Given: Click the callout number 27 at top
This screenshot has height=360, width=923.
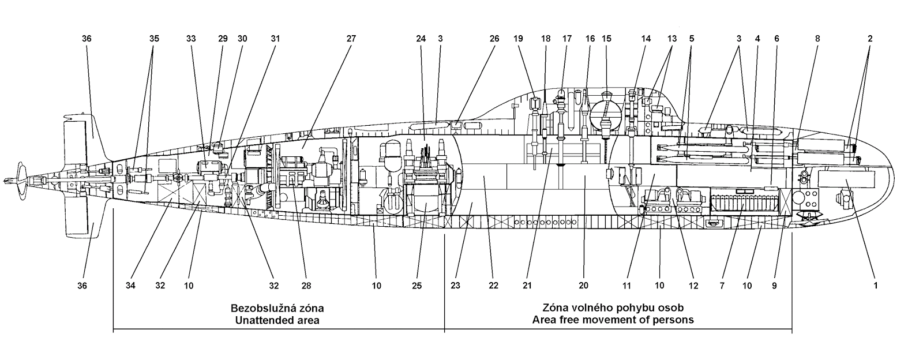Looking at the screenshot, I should coord(351,39).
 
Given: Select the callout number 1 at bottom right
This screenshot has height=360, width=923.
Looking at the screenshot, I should coord(875,285).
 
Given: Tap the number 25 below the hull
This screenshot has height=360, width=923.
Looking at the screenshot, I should coord(418,285).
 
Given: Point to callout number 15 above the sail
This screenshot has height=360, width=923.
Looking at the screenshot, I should coord(606,39).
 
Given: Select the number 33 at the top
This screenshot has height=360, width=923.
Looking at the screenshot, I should coord(191,39).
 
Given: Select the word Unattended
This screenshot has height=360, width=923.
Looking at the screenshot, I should coord(260,320).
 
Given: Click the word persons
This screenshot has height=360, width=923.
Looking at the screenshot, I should coord(677,320).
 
